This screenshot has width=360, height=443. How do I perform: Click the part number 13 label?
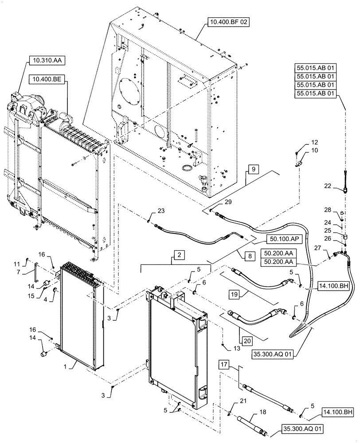click(x=229, y=348)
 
